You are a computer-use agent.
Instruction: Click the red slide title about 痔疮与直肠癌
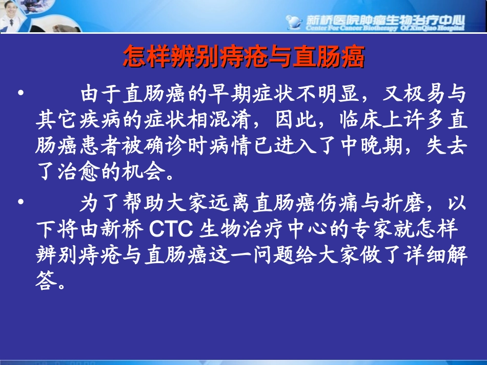pyautogui.click(x=243, y=57)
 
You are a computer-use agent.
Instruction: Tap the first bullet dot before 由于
pyautogui.click(x=21, y=93)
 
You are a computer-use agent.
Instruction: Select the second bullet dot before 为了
pyautogui.click(x=21, y=202)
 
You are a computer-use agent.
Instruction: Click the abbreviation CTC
pyautogui.click(x=171, y=230)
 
